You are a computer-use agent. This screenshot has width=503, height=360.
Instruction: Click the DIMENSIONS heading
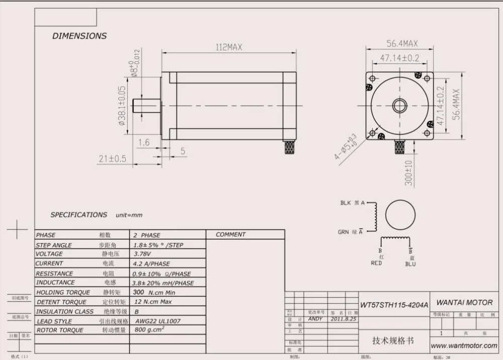[79, 36]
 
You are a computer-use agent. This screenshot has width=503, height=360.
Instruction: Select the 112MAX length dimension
[229, 47]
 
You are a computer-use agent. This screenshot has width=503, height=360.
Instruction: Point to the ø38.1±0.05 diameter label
[122, 105]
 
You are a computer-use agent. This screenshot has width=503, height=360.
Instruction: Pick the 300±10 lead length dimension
[408, 173]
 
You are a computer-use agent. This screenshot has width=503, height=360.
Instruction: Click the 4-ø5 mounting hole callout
[346, 147]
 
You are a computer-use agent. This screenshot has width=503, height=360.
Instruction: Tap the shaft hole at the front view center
[400, 106]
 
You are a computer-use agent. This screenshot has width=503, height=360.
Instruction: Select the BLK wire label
[346, 203]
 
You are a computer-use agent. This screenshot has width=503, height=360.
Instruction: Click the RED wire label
[376, 263]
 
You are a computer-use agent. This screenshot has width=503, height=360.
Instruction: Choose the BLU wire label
[410, 263]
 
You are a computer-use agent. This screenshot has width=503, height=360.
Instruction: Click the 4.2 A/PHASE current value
[151, 263]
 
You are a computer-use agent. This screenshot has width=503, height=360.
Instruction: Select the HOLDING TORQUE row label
[63, 292]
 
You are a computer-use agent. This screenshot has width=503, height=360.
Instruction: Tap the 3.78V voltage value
[142, 254]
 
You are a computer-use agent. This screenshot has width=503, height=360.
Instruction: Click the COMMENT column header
[230, 235]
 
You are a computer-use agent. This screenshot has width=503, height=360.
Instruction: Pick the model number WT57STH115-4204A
[394, 305]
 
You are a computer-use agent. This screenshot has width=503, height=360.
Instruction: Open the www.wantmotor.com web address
[464, 345]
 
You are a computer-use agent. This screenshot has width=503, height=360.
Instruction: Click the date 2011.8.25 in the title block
[344, 319]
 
